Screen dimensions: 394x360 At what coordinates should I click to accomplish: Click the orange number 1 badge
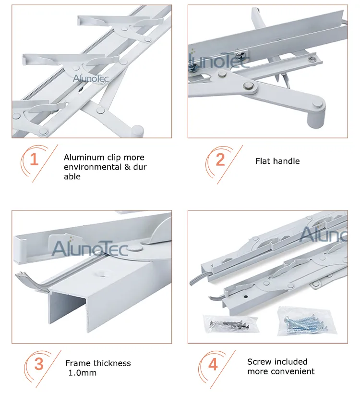34,160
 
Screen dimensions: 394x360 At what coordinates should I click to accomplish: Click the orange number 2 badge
220,160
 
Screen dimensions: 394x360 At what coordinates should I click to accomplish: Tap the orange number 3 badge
38,364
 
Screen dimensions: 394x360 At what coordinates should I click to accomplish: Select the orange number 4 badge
213,364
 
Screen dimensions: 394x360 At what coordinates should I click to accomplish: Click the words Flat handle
277,161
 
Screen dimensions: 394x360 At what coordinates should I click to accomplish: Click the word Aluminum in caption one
82,158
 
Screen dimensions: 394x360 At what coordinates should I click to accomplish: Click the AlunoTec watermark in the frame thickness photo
89,248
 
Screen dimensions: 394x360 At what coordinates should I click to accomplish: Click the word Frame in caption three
77,363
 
